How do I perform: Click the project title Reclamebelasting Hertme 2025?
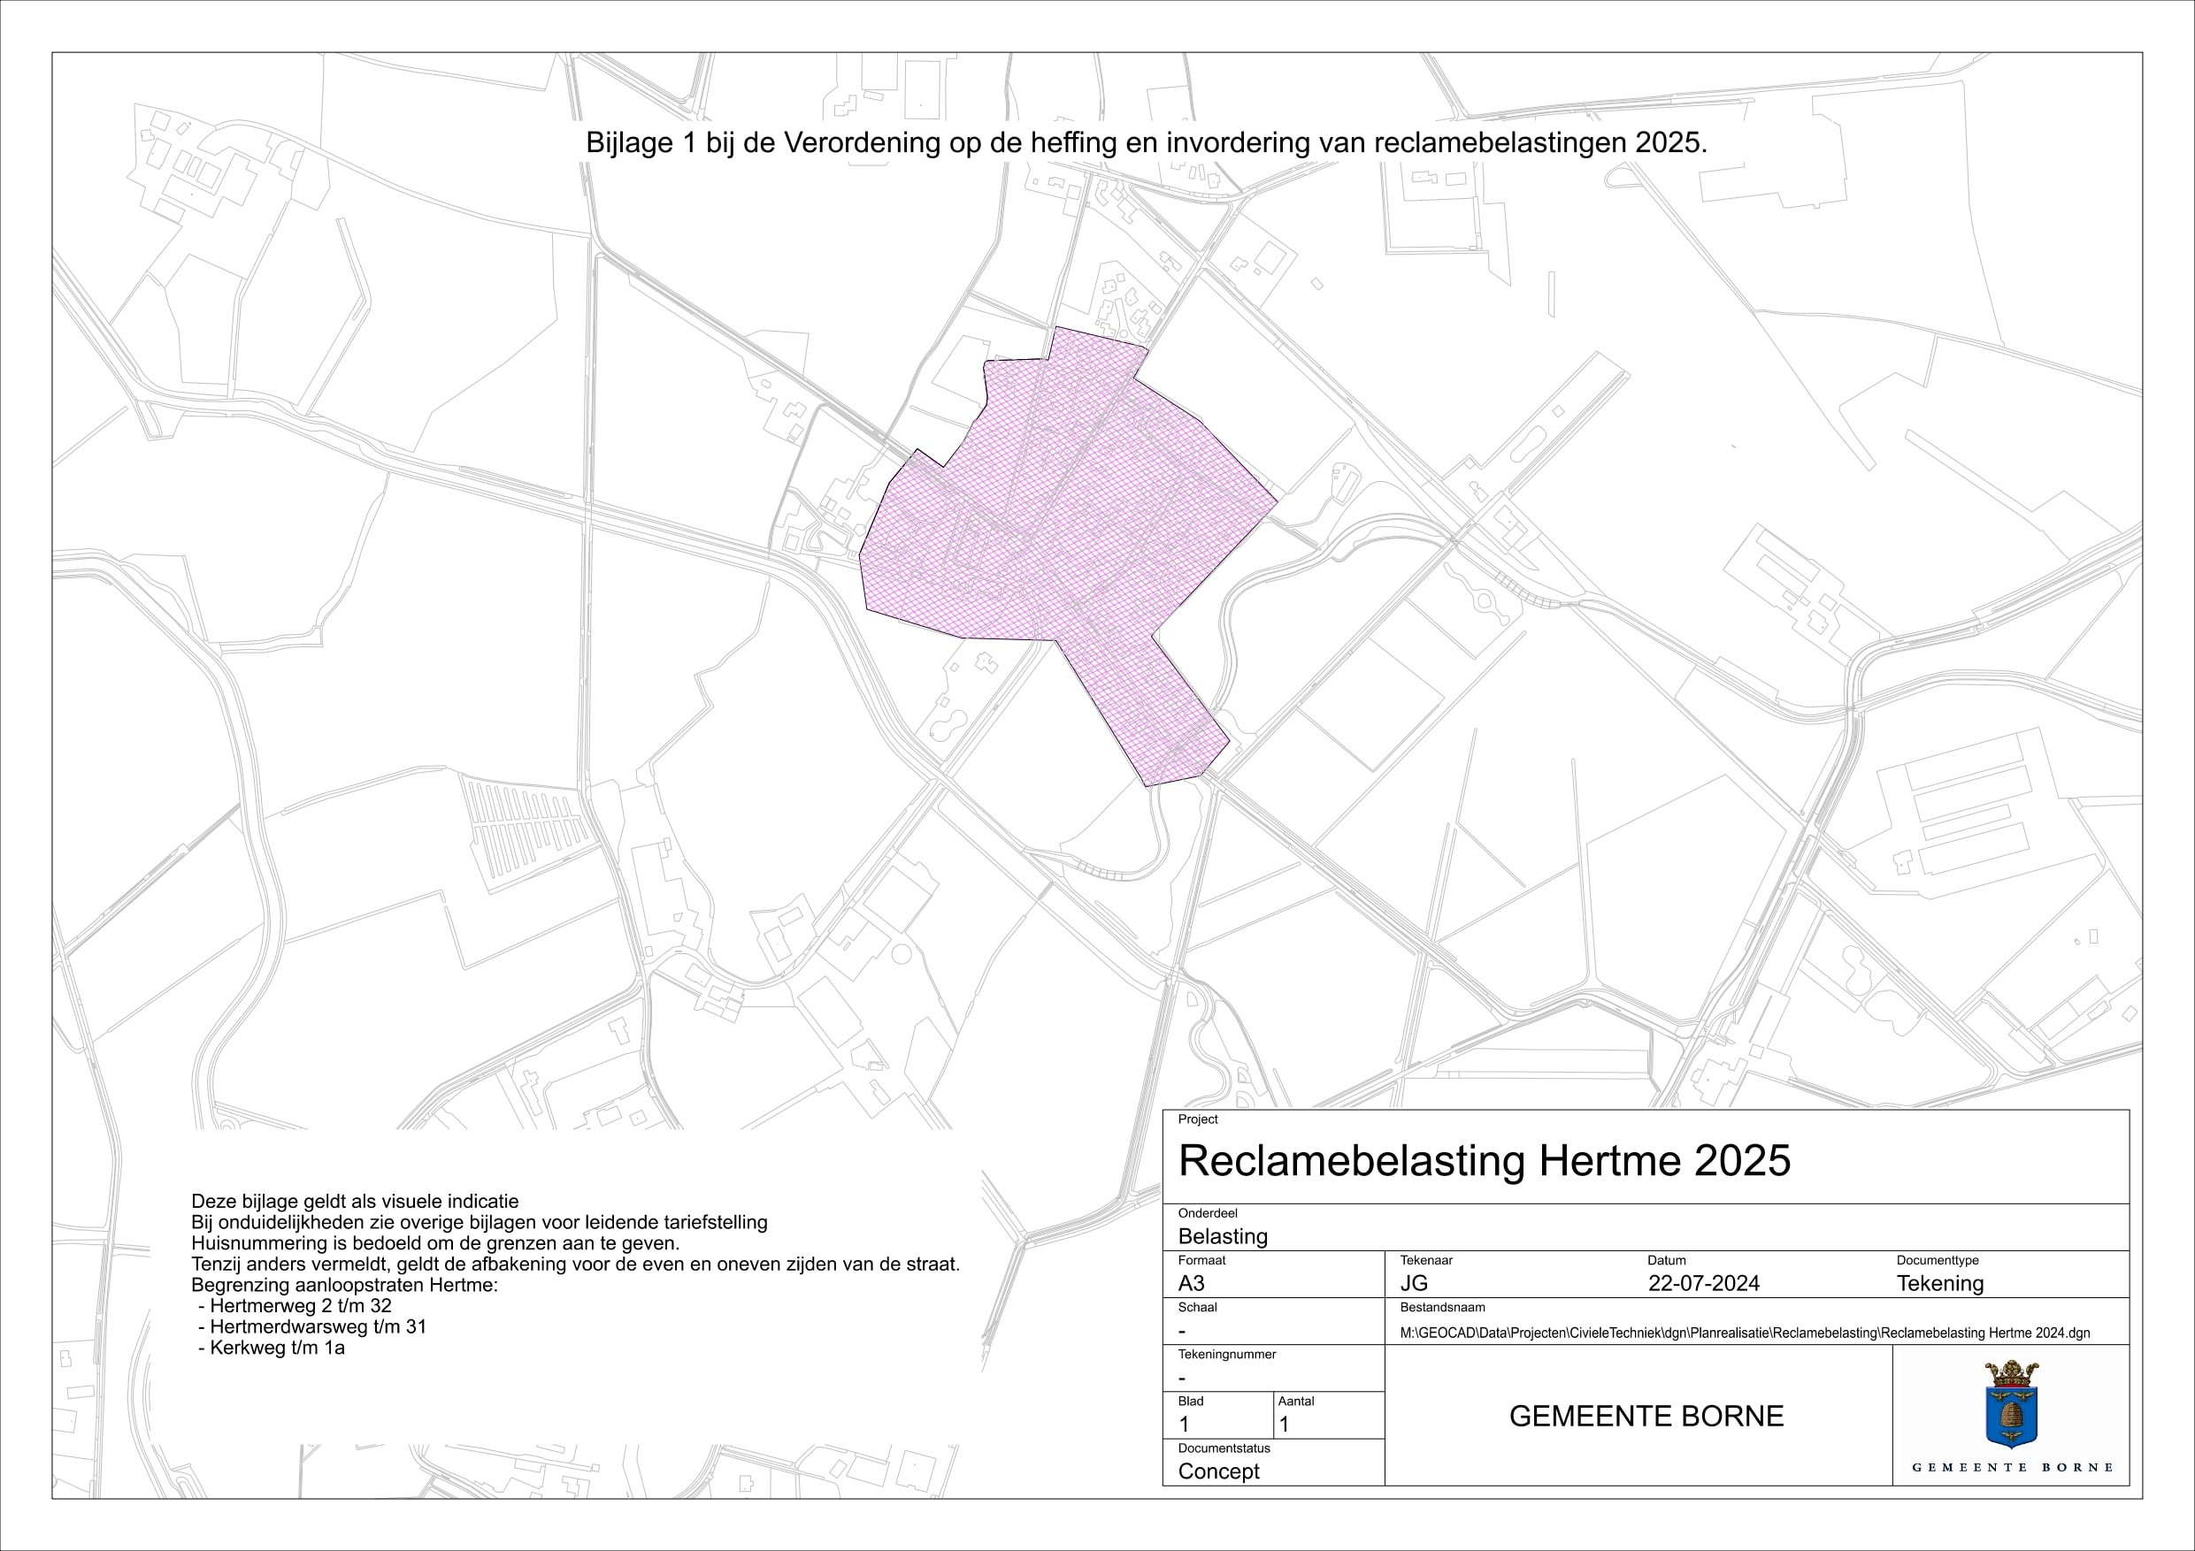point(1484,1161)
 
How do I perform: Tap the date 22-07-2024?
point(1704,1283)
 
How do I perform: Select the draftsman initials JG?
point(1413,1283)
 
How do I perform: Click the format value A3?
point(1191,1283)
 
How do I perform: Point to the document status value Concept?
point(1218,1471)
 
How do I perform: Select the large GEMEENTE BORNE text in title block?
point(1646,1417)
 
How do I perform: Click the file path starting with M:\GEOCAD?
point(1745,1333)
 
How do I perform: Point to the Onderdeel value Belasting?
point(1223,1235)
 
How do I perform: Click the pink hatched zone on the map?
point(1071,535)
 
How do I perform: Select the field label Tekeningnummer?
point(1226,1354)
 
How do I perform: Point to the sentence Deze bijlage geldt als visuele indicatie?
point(355,1201)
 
